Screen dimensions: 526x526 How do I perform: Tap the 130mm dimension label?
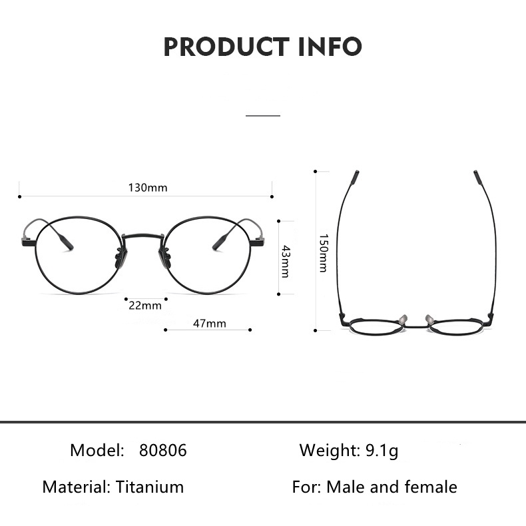click(147, 188)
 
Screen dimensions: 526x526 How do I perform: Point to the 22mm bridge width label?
click(144, 306)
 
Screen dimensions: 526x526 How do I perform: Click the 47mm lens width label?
click(210, 324)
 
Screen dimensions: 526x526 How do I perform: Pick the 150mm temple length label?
click(323, 252)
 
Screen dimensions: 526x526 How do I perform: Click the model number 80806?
click(163, 451)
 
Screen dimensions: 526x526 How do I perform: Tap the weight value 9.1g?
click(382, 451)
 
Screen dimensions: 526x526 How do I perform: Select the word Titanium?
click(150, 487)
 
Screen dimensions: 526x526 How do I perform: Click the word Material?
click(75, 487)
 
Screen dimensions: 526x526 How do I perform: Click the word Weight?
click(329, 451)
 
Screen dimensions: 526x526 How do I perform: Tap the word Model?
click(97, 451)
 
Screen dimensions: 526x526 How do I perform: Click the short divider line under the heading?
click(263, 115)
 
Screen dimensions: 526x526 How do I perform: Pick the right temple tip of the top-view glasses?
click(477, 178)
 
